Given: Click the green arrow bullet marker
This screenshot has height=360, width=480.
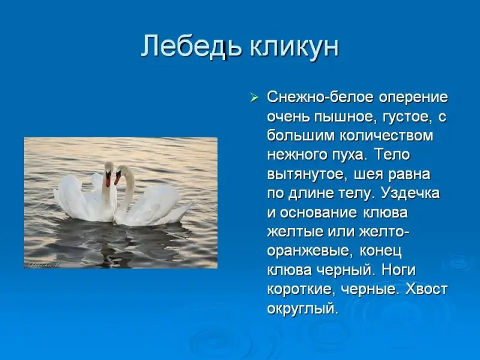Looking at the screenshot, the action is pyautogui.click(x=254, y=98).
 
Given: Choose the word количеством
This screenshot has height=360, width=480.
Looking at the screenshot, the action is pyautogui.click(x=386, y=136).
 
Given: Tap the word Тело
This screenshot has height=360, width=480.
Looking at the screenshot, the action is pyautogui.click(x=392, y=155).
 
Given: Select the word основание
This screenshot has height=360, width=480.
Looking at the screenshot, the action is pyautogui.click(x=319, y=213).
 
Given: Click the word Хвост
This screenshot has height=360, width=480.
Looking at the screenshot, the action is pyautogui.click(x=427, y=289).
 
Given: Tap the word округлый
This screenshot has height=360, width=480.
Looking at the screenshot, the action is pyautogui.click(x=302, y=308).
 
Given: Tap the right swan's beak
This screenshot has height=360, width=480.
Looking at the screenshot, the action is pyautogui.click(x=117, y=179).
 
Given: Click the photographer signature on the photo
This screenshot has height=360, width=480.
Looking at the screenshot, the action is pyautogui.click(x=43, y=265).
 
